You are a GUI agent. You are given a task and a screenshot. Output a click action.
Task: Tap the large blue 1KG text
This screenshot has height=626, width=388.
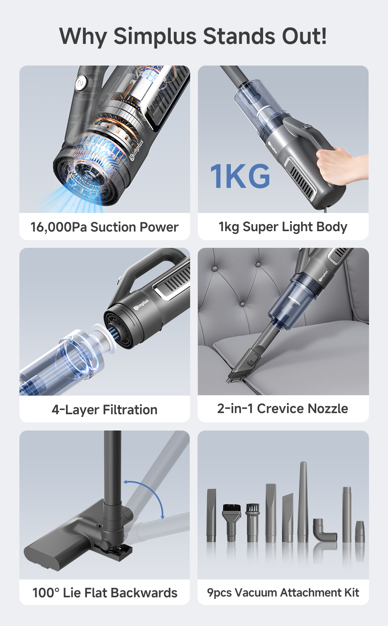[240, 176]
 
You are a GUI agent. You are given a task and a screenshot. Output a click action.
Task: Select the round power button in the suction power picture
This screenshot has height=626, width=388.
[81, 83]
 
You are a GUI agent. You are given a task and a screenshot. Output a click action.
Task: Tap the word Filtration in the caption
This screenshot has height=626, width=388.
[130, 410]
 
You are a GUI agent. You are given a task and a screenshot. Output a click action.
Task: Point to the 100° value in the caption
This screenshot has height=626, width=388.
[46, 593]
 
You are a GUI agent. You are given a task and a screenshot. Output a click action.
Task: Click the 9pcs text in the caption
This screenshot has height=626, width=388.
[219, 593]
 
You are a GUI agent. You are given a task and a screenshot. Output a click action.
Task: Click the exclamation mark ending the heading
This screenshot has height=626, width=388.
[323, 37]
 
